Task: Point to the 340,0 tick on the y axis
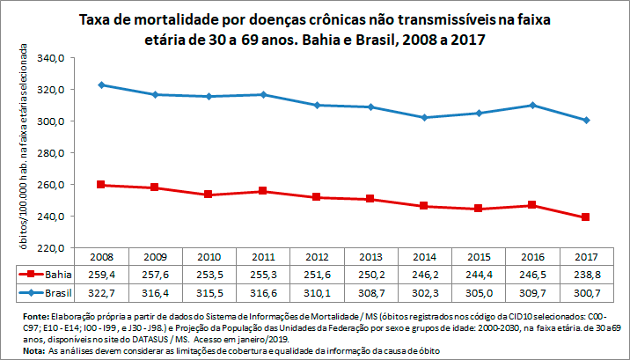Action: [x=54, y=58]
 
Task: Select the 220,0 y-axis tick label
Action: [x=54, y=248]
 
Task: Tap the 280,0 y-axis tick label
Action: [x=54, y=153]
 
